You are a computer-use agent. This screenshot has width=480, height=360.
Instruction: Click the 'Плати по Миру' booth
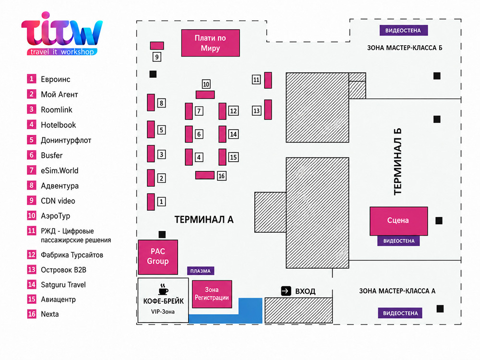coord(210,43)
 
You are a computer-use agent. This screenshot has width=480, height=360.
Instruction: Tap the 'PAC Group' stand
coord(158,257)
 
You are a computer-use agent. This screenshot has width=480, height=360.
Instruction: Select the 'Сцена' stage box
coord(398,221)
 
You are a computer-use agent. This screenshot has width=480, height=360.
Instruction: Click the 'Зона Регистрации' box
coord(212,294)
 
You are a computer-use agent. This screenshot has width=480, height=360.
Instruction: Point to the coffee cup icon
coord(163,289)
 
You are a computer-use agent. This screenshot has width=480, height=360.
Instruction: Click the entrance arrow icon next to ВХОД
coord(286,291)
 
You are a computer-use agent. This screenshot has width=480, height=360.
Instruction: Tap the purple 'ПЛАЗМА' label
coord(201,271)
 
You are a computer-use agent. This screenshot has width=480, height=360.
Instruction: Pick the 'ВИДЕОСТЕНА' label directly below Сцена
coord(398,241)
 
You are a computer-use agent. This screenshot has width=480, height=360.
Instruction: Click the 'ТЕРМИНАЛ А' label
coord(204,219)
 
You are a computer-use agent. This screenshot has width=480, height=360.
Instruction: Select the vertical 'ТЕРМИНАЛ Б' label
coord(397,162)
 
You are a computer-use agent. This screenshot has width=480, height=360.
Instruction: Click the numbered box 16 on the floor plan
coord(221,176)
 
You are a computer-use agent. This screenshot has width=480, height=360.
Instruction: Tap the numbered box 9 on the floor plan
coord(157,57)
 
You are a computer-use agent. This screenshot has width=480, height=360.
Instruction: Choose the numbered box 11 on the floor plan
coord(256,80)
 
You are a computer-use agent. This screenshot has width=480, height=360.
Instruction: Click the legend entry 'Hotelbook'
coord(59,125)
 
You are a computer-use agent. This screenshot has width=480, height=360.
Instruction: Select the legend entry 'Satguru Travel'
coord(63,285)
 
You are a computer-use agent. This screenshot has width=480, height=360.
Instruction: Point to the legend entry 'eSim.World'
coord(60,170)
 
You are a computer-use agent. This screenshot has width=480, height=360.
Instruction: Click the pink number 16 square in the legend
coord(32,314)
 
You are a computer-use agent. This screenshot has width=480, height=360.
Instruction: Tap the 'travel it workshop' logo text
coord(62,52)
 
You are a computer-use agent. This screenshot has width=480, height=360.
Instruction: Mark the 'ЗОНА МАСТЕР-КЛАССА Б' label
coord(405,48)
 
